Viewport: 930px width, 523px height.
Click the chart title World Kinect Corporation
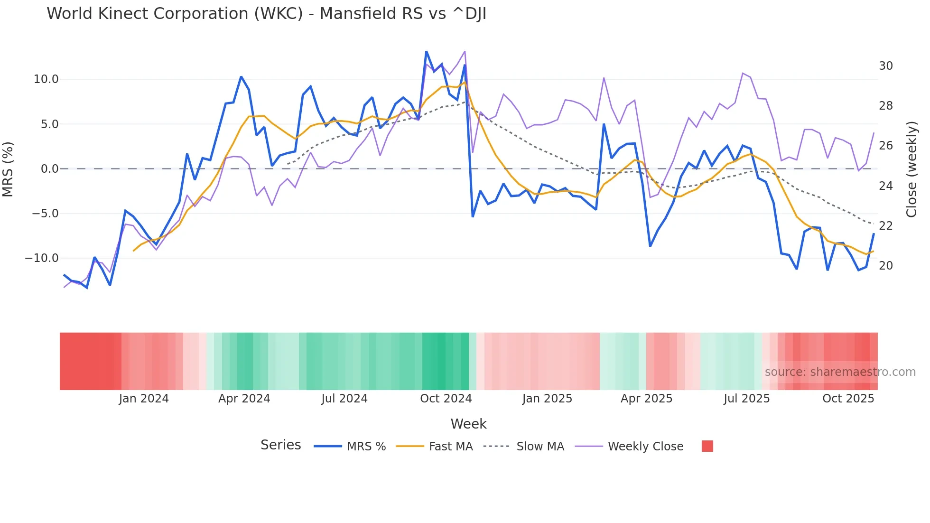pos(266,14)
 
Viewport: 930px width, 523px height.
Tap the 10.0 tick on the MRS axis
pos(46,79)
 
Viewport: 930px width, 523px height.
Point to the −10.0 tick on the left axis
pos(42,258)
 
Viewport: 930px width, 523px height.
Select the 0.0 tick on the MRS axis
pos(50,169)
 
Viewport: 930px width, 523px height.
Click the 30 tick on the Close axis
pos(885,66)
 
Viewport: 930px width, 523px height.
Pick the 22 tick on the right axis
pos(885,226)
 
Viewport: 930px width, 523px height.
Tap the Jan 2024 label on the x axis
pos(144,399)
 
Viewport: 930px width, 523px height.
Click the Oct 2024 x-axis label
pos(446,399)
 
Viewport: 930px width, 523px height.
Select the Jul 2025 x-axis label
pos(746,399)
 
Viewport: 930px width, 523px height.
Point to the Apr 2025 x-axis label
pos(646,399)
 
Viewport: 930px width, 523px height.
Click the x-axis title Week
pos(468,424)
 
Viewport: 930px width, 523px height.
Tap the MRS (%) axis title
pos(8,169)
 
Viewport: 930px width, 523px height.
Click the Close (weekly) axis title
pos(911,169)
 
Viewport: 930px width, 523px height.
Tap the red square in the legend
pos(707,446)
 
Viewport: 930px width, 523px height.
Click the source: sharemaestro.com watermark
pos(840,372)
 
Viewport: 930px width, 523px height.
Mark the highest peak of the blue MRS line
pos(426,52)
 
